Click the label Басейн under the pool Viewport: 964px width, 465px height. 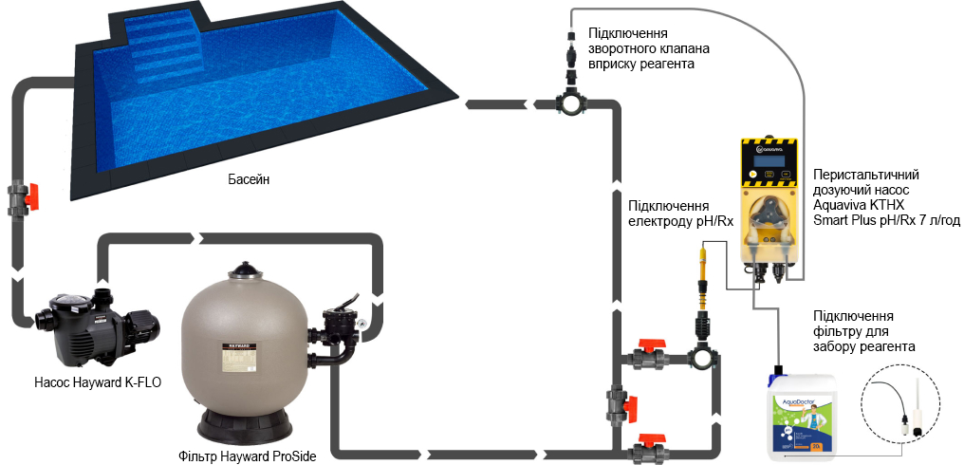pyautogui.click(x=249, y=180)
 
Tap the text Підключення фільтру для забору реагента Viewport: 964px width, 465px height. pyautogui.click(x=864, y=331)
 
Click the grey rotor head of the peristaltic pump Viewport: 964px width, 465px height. pyautogui.click(x=765, y=225)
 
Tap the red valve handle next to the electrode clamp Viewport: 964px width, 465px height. pyautogui.click(x=648, y=348)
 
